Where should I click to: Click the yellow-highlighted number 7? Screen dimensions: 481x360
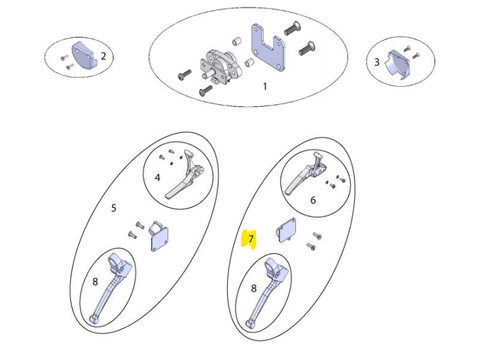click(251, 238)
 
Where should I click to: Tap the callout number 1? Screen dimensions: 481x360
click(265, 86)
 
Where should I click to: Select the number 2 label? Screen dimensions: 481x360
click(104, 56)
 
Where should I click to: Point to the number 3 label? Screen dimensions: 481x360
click(377, 62)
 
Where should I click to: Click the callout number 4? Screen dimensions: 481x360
click(158, 178)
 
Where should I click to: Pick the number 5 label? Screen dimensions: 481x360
click(114, 208)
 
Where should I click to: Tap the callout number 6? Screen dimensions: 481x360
click(313, 200)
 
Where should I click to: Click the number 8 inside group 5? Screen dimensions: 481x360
click(95, 281)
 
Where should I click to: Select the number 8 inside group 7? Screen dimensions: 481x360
click(254, 289)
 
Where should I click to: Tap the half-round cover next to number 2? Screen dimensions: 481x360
click(82, 55)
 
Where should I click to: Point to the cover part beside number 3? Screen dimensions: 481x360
click(398, 65)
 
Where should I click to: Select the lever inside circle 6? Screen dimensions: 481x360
click(307, 174)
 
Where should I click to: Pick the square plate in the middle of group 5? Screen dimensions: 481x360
click(160, 236)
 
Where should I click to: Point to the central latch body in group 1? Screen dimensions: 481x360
click(220, 67)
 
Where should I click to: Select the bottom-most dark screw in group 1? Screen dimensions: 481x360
click(206, 90)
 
